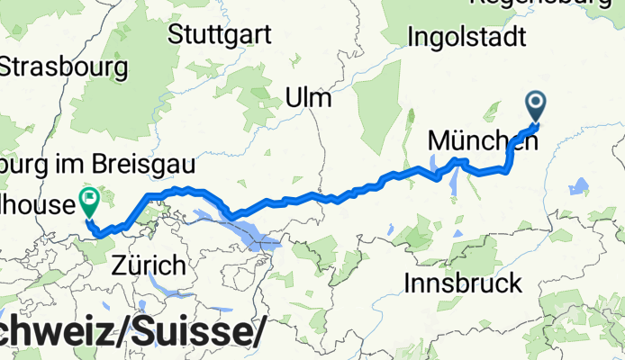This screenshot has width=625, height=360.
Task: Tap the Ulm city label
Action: (307, 97)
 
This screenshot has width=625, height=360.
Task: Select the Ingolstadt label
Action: (466, 37)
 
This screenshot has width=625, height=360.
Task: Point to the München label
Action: (477, 140)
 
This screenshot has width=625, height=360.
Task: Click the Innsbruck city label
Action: (463, 283)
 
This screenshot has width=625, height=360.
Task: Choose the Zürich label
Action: (149, 265)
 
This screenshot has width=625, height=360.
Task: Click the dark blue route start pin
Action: (536, 107)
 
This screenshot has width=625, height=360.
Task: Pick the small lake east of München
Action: (579, 187)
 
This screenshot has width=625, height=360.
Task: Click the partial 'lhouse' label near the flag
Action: (36, 205)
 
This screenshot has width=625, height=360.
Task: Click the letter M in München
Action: (439, 141)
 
